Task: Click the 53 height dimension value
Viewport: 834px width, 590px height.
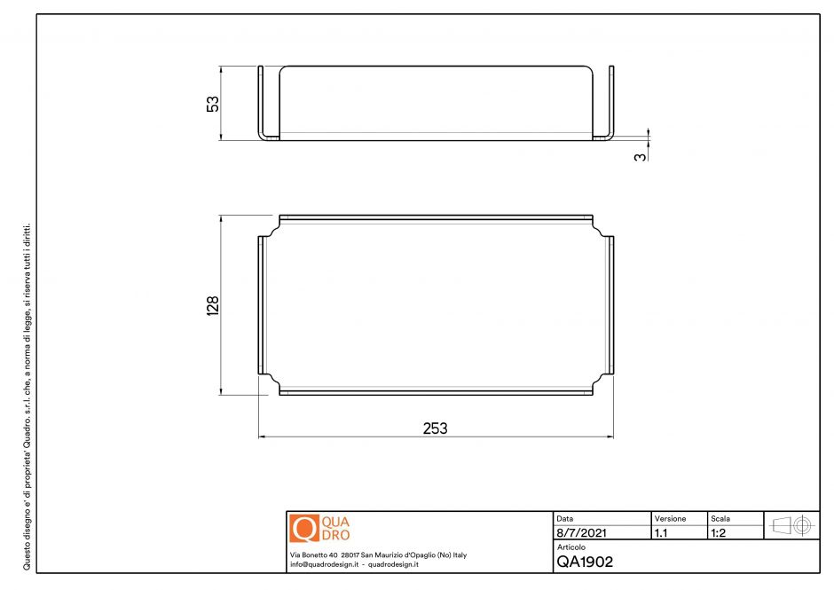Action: pos(212,103)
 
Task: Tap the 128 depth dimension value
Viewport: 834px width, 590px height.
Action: pos(212,306)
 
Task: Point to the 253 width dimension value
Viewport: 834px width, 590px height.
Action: pos(435,428)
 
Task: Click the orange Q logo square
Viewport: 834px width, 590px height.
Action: pos(304,528)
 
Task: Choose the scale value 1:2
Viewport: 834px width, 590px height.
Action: pos(720,534)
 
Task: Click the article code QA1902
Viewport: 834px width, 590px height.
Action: pos(585,561)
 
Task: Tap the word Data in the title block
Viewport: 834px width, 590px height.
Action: pos(564,518)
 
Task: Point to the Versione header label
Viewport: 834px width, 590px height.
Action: pos(670,518)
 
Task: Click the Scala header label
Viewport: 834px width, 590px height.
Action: pos(720,518)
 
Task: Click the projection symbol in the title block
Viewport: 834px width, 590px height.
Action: pos(792,525)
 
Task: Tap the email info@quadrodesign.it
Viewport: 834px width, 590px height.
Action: pos(323,564)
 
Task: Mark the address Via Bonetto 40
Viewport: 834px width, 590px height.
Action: pos(313,555)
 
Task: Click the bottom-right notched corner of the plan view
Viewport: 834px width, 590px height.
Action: pos(602,382)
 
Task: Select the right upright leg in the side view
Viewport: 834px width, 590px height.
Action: pos(610,102)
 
